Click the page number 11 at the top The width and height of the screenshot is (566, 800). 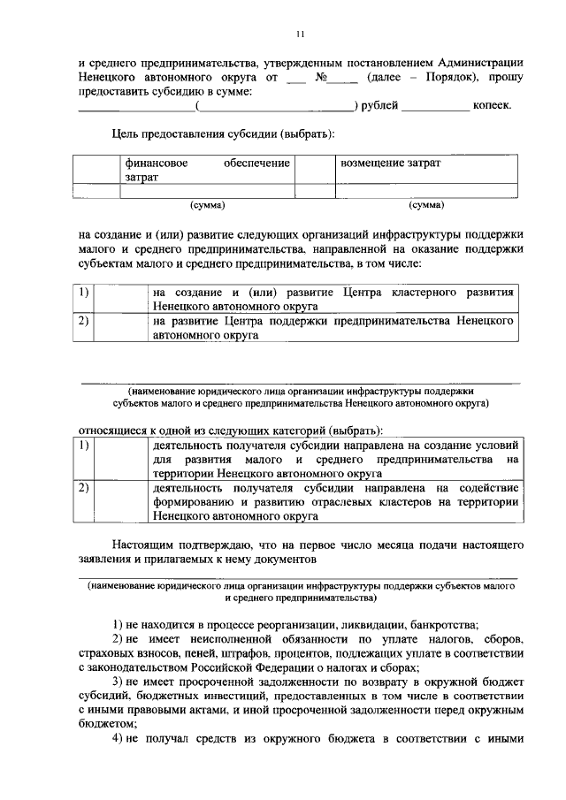coord(301,34)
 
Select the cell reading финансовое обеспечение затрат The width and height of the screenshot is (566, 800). coord(207,170)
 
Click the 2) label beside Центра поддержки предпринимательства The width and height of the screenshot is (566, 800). coord(83,321)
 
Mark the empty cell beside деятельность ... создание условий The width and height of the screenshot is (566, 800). coord(120,460)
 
